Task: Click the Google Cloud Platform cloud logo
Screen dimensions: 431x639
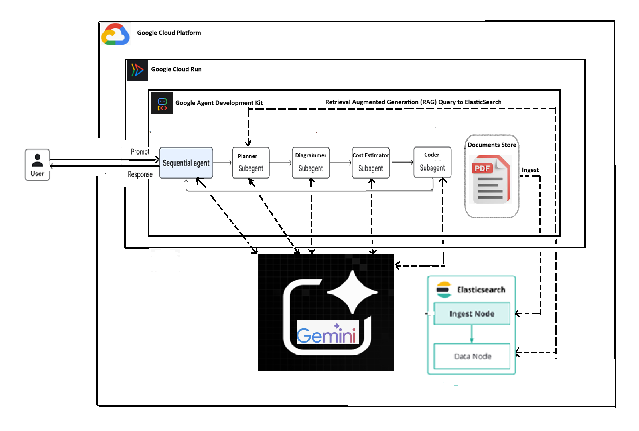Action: pos(115,35)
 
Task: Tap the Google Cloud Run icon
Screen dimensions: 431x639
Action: pos(137,70)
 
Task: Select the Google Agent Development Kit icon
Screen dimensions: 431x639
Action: pos(162,103)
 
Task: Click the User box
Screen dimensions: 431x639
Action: pos(37,165)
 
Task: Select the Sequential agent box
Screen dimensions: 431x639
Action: pos(186,163)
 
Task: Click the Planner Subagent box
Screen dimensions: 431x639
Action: pos(251,163)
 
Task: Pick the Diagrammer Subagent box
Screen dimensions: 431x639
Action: pos(311,163)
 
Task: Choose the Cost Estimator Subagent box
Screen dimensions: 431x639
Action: pos(370,163)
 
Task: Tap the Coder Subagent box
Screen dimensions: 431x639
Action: pos(432,162)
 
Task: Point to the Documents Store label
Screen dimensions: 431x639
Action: pos(492,145)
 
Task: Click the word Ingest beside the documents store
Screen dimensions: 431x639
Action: pos(530,170)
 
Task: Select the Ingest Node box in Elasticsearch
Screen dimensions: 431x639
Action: pos(472,313)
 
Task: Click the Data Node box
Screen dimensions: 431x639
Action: pos(472,356)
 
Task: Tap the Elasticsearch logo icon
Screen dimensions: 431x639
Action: pos(444,290)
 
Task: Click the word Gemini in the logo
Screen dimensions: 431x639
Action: pos(326,335)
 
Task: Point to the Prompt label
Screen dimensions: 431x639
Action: pos(140,152)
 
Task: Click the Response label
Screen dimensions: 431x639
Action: pos(140,174)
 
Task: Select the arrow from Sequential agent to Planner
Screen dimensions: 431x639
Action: pos(222,163)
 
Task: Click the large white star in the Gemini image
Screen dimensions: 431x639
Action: pos(352,292)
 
